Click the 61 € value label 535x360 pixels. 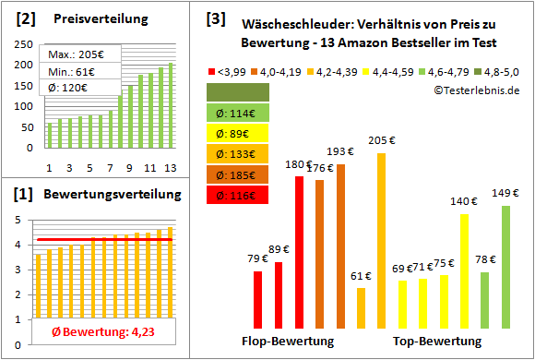pos(362,276)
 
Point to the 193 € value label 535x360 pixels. pos(341,151)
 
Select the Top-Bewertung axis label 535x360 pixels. pos(436,342)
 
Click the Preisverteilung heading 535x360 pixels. pos(92,19)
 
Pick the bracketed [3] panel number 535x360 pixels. pos(215,18)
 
